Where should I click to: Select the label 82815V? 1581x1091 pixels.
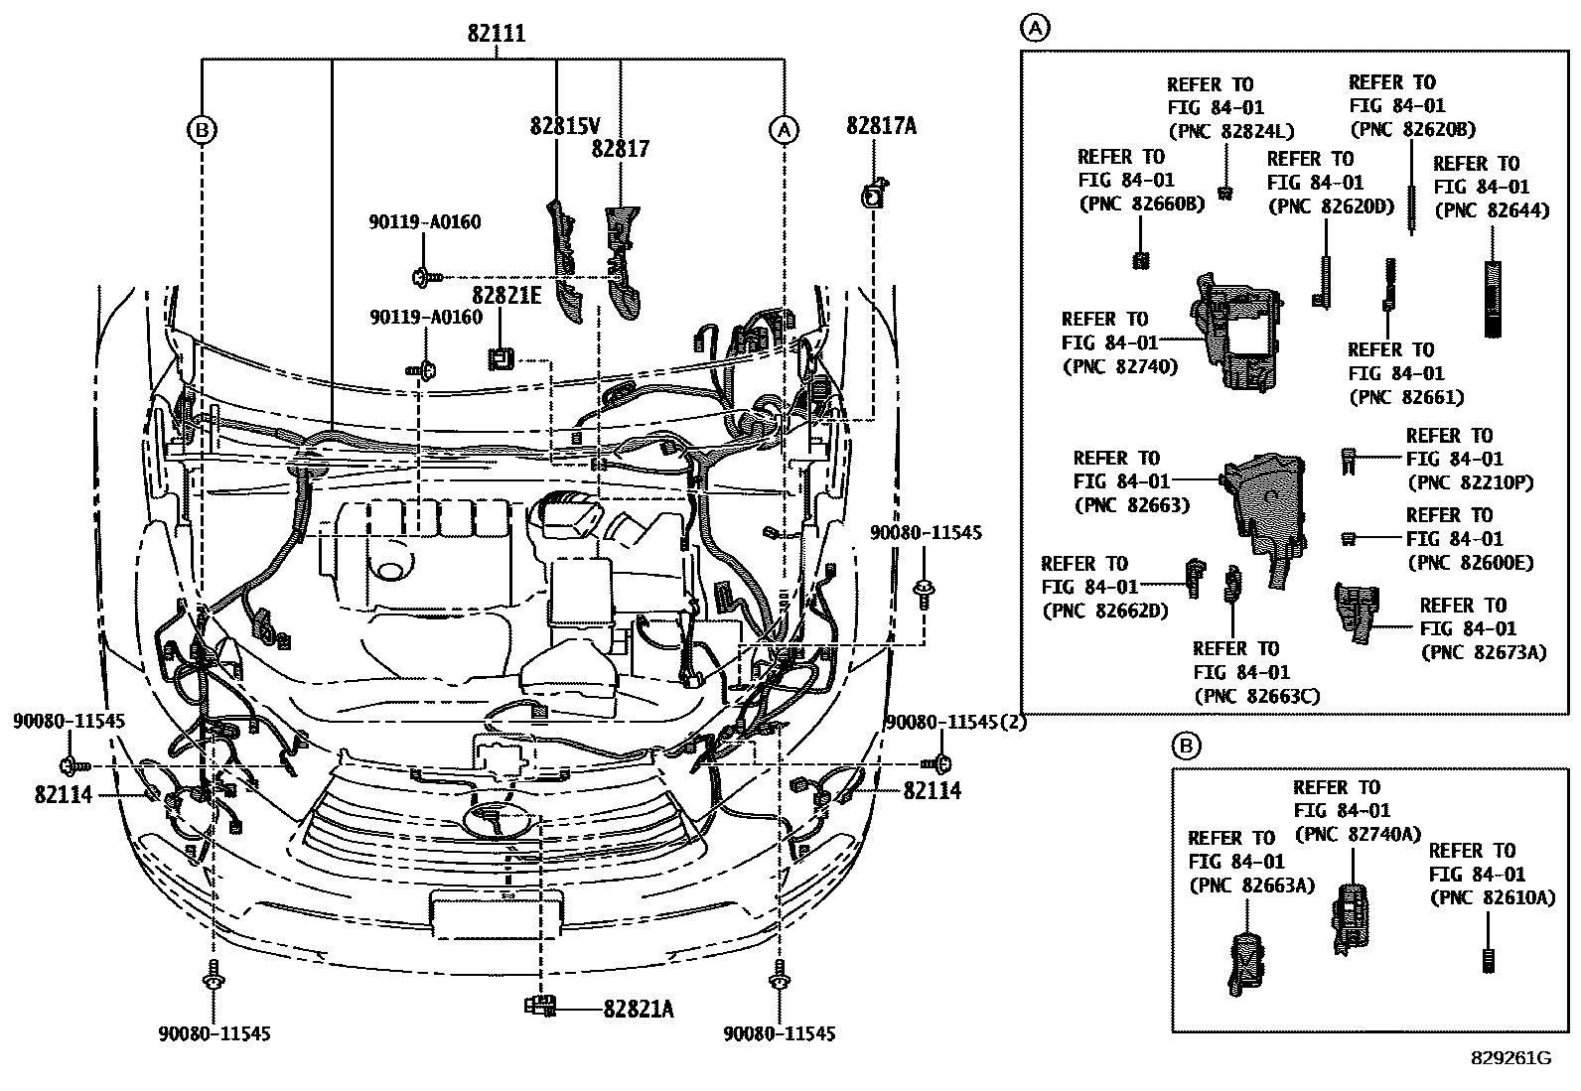[565, 126]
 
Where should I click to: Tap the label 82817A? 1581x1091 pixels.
[881, 125]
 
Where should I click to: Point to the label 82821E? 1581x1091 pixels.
[506, 295]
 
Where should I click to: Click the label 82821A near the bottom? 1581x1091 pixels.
[638, 1010]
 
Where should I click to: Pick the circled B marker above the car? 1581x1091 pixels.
[203, 129]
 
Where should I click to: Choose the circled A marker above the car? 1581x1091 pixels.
[785, 129]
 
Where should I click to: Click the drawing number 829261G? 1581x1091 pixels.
[1510, 1058]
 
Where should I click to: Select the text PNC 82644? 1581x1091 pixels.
[1492, 210]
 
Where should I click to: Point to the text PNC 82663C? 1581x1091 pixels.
[1256, 696]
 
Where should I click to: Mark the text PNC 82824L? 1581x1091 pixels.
[1230, 131]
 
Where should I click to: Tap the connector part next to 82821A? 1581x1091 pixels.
[541, 1007]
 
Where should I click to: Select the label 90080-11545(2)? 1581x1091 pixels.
[955, 723]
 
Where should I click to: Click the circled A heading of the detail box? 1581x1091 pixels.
[1035, 29]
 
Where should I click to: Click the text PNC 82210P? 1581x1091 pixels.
[1471, 482]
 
